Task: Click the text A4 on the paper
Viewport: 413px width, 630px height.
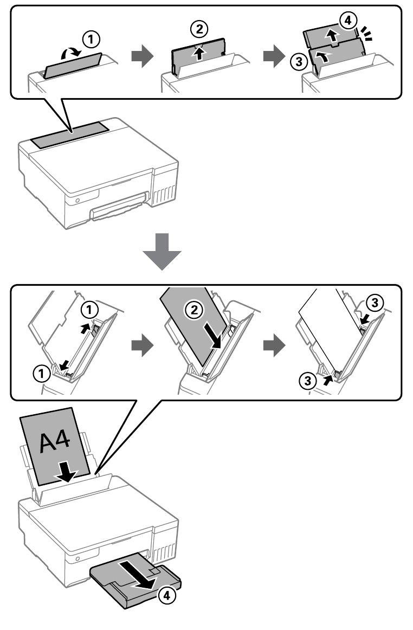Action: click(54, 441)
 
